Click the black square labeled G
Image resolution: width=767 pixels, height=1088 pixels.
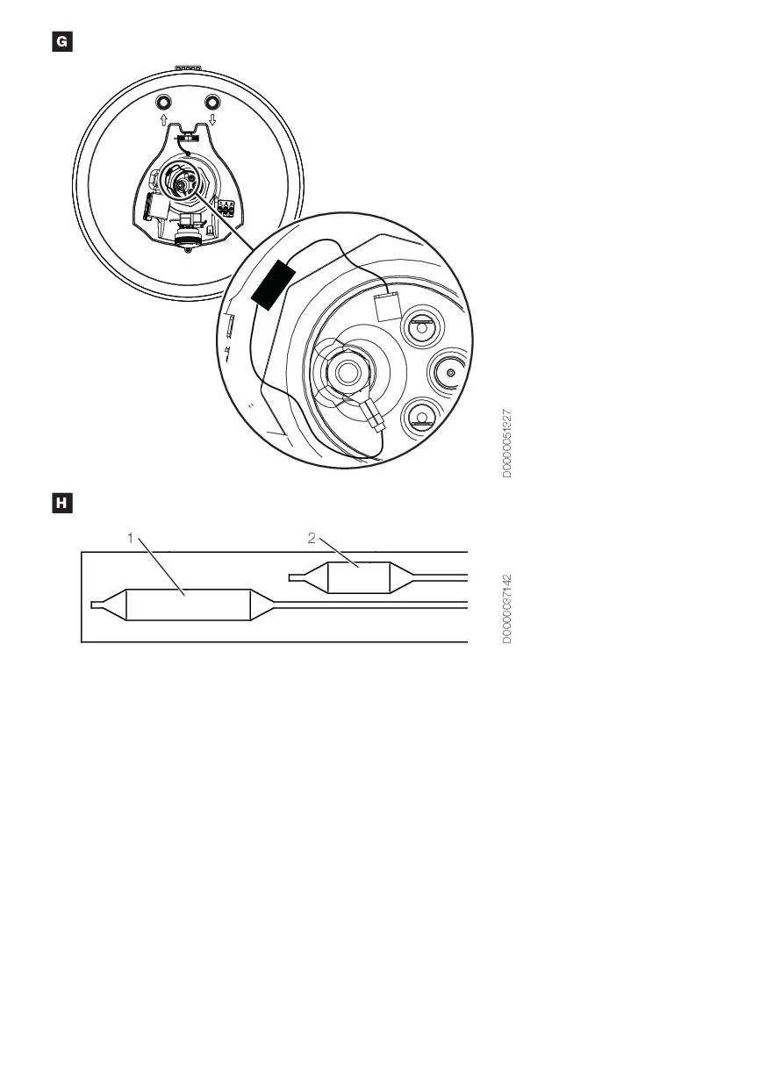point(62,41)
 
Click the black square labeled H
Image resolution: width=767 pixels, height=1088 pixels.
point(62,504)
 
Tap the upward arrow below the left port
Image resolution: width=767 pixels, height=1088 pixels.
point(164,119)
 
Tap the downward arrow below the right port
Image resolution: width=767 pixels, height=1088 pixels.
point(212,119)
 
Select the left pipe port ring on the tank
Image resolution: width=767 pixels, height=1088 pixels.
point(163,102)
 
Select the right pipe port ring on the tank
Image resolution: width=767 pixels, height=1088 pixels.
point(212,102)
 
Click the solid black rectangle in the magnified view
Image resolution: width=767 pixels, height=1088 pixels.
point(273,284)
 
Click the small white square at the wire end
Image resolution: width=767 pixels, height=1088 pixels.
point(388,306)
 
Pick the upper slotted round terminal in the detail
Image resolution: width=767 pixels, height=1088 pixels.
point(421,325)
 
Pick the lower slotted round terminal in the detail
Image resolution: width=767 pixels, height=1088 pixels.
point(421,419)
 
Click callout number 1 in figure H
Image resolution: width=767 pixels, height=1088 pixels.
point(130,538)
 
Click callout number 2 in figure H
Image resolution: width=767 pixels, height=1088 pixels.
point(312,538)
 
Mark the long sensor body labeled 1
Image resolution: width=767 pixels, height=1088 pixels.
point(189,605)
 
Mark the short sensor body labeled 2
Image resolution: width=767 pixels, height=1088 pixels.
point(359,577)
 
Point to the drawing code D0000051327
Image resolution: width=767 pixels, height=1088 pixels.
point(506,443)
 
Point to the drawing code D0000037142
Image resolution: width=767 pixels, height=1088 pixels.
point(506,609)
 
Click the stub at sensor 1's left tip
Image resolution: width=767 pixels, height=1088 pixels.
point(97,605)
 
